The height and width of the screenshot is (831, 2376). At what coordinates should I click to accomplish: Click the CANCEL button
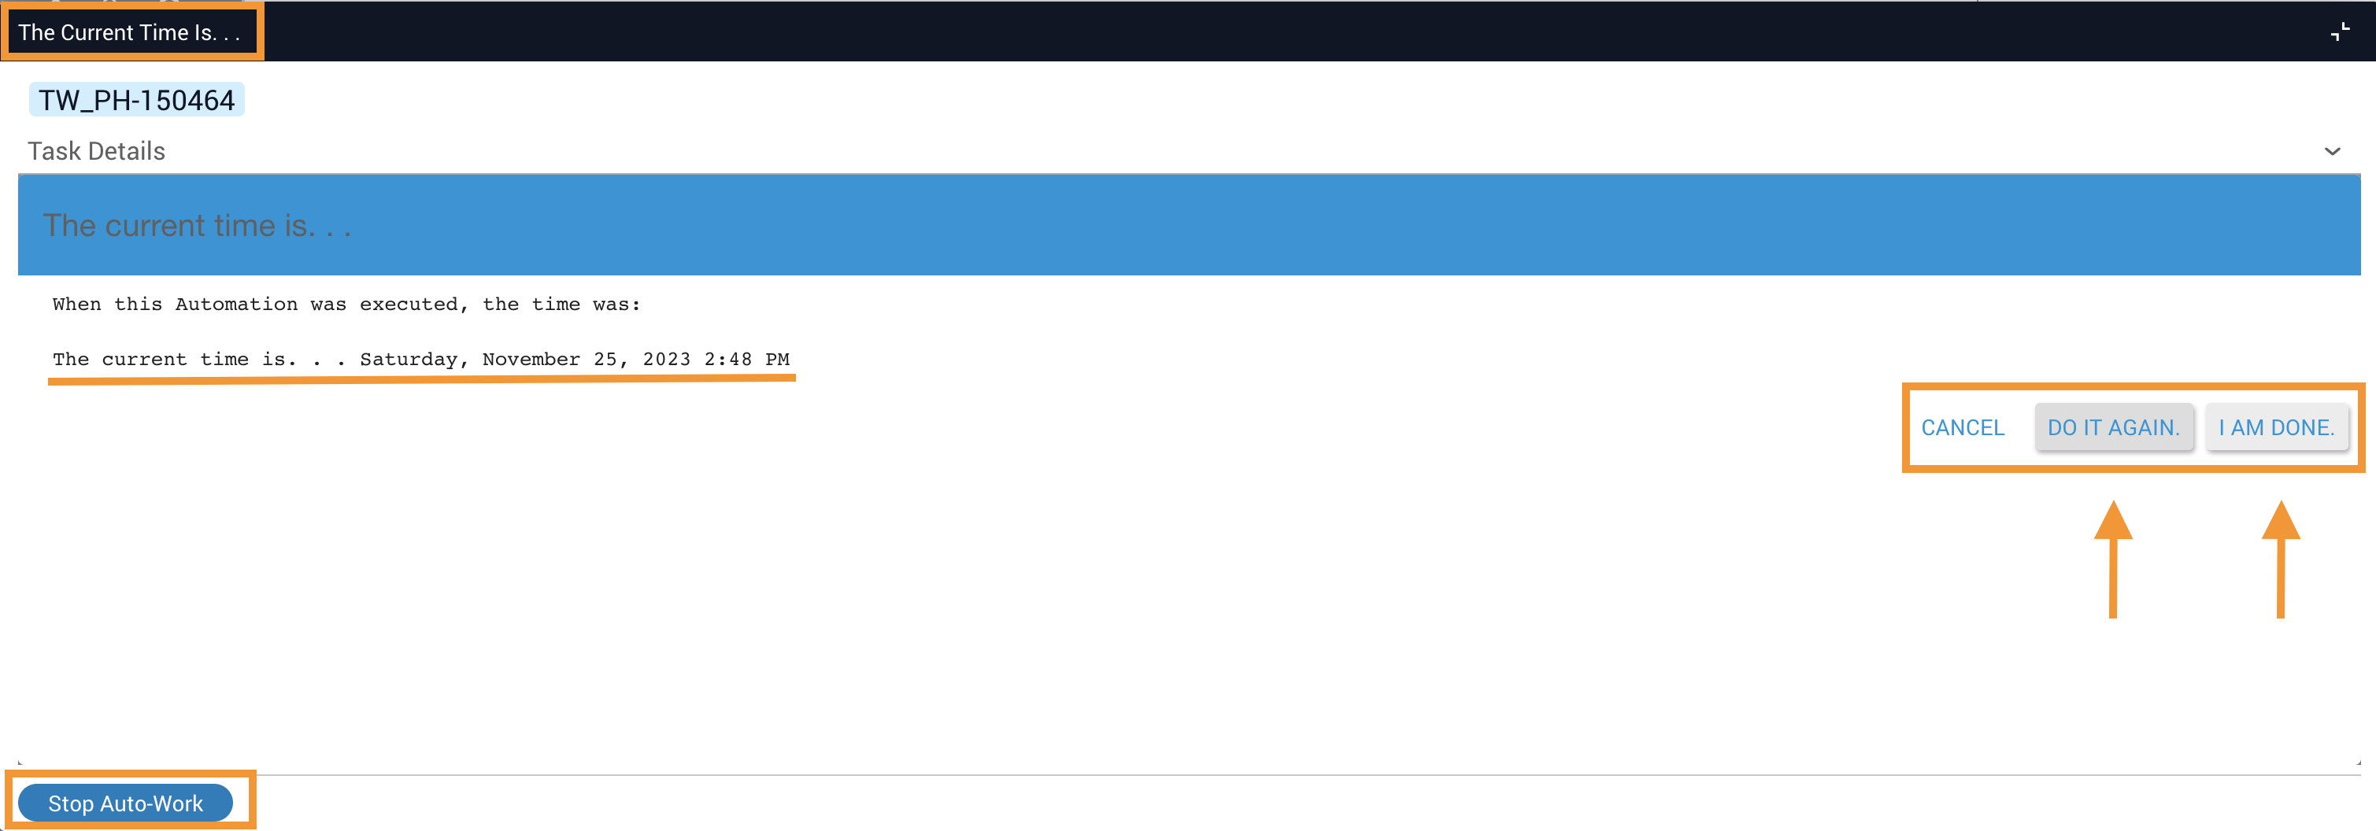click(x=1962, y=428)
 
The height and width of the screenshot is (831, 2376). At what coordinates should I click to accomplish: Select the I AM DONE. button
click(x=2276, y=428)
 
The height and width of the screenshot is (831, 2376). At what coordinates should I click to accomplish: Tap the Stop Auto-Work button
click(x=125, y=803)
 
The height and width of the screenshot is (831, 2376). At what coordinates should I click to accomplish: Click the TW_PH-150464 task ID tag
click(x=136, y=100)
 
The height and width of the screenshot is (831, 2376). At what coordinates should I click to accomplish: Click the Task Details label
click(x=97, y=151)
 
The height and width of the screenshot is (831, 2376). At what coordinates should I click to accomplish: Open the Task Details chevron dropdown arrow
click(x=2333, y=151)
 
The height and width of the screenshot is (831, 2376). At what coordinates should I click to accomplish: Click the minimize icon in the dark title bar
click(x=2340, y=32)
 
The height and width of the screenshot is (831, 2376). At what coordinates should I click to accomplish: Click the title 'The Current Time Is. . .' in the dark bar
click(x=129, y=32)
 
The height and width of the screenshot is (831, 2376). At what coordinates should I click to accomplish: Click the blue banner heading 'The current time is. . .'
click(x=198, y=225)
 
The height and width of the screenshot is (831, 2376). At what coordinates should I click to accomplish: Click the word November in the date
click(x=531, y=359)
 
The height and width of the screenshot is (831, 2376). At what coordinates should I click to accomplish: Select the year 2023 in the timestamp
click(x=666, y=359)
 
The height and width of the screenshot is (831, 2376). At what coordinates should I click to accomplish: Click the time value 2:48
click(x=727, y=359)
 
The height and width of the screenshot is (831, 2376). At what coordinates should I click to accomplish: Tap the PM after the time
click(x=778, y=359)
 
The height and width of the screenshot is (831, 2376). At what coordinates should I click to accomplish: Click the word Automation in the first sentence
click(x=236, y=305)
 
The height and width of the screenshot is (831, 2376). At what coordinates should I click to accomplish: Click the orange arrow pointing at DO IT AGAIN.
click(x=2113, y=559)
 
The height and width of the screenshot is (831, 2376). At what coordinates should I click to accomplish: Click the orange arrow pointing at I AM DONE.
click(x=2281, y=559)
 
